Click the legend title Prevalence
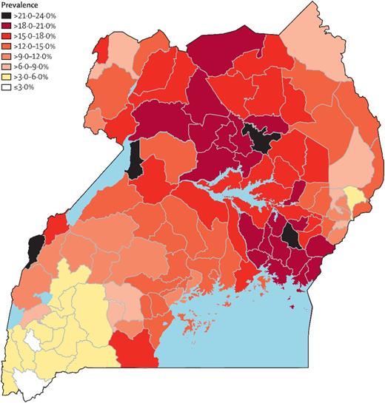20,4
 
